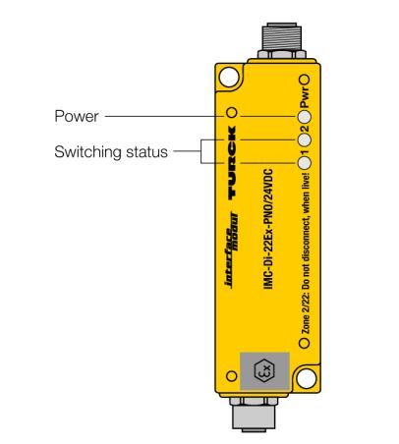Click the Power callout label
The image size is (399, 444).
click(x=77, y=116)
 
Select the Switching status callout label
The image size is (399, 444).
click(x=111, y=152)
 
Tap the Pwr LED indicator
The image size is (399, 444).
click(x=305, y=117)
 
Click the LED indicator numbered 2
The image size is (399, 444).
click(x=305, y=139)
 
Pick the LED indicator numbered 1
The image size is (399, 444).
click(x=305, y=163)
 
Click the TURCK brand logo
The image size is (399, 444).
click(x=232, y=163)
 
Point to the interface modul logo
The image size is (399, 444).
click(x=232, y=250)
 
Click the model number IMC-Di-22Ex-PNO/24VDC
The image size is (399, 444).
click(x=268, y=229)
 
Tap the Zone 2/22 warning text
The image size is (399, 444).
click(x=306, y=253)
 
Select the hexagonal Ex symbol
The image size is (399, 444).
click(x=264, y=371)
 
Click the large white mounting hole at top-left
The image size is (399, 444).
click(x=230, y=78)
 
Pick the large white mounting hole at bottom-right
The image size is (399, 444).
click(x=307, y=378)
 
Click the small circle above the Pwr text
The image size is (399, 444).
click(x=305, y=80)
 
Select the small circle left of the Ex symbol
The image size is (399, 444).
click(x=232, y=376)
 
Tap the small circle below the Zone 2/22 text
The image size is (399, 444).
click(x=305, y=343)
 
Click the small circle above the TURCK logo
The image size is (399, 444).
click(x=232, y=113)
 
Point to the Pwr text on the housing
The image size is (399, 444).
click(x=305, y=97)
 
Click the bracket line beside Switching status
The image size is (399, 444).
click(x=201, y=151)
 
